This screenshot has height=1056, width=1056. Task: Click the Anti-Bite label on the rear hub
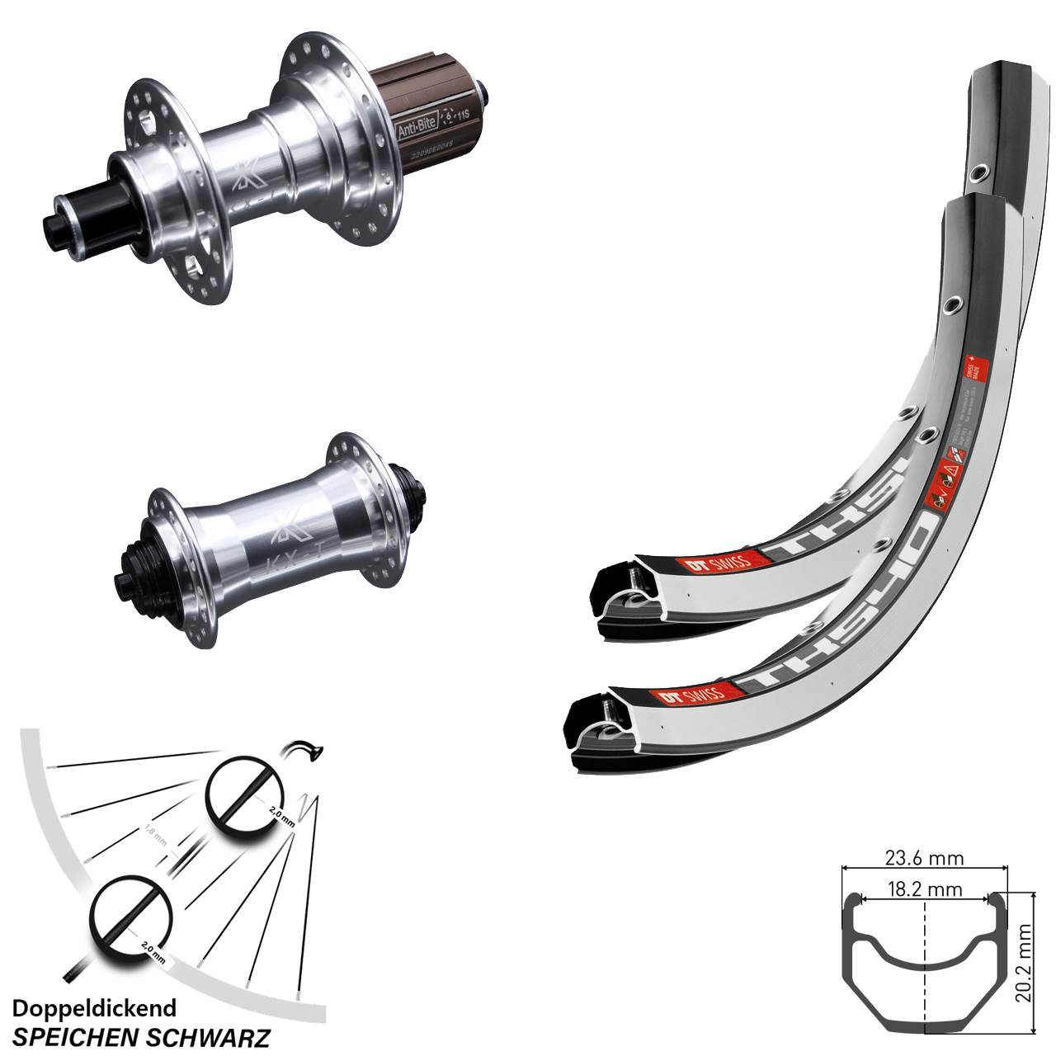point(422,119)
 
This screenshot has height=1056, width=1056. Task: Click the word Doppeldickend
point(94,1008)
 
